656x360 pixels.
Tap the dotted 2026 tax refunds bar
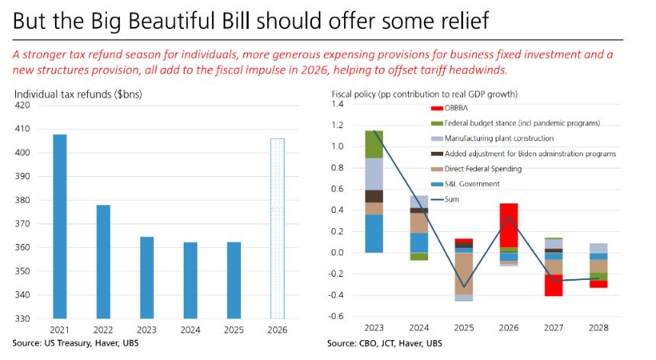click(278, 228)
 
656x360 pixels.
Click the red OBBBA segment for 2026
click(509, 225)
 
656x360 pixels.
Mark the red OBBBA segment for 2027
click(554, 285)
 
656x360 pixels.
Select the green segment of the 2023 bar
click(373, 144)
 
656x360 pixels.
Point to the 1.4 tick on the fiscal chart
click(338, 104)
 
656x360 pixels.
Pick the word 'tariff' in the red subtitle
click(446, 69)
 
